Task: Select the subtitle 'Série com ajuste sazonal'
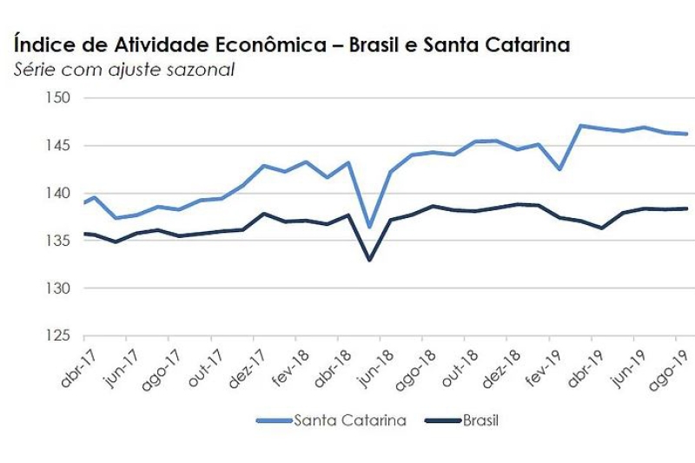tap(124, 69)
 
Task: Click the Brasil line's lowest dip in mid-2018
tap(369, 260)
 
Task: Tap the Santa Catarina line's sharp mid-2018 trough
tap(369, 227)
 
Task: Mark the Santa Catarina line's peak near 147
tap(580, 126)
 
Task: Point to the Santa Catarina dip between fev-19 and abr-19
tap(559, 169)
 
